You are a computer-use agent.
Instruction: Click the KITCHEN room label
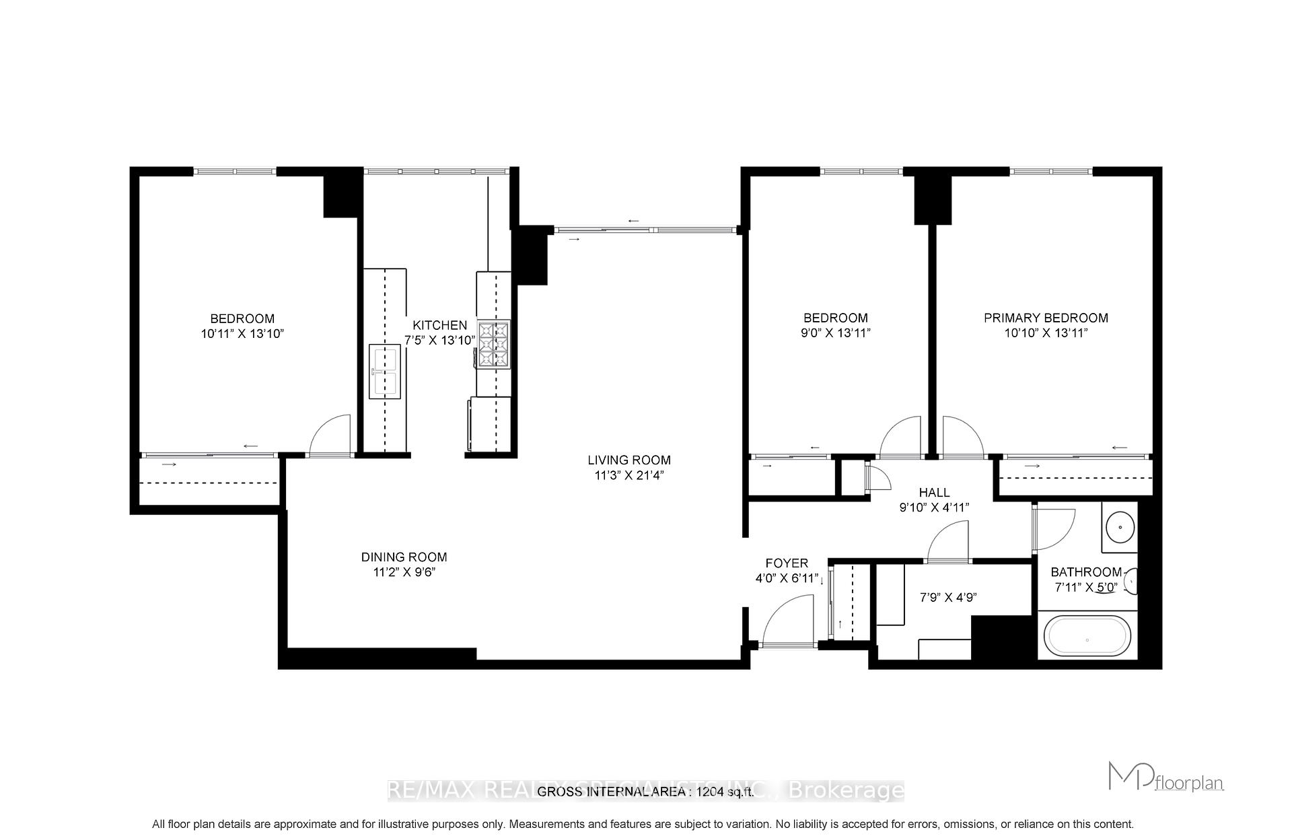click(x=439, y=325)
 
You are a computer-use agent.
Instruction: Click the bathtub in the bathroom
click(x=1087, y=635)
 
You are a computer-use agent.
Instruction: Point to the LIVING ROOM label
click(x=629, y=460)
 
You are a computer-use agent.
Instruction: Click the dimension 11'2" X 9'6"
click(x=404, y=572)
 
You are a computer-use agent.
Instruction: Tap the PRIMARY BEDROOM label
click(x=1046, y=318)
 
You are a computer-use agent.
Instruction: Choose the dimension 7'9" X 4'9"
click(x=947, y=597)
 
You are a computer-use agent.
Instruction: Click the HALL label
click(x=934, y=493)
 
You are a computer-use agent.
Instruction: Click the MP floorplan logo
click(x=1165, y=777)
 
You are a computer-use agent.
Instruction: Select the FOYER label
click(x=787, y=563)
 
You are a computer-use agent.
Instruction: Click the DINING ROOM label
click(x=404, y=557)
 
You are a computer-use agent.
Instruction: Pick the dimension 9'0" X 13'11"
click(x=836, y=333)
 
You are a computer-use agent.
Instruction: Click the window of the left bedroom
click(x=235, y=172)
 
